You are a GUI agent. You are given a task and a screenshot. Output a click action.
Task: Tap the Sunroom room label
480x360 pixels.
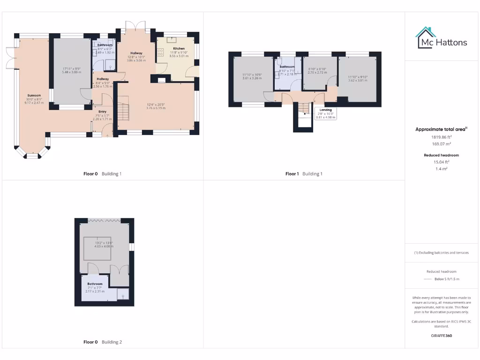[x=34, y=95]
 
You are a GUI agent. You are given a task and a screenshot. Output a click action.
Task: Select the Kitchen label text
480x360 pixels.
[x=179, y=49]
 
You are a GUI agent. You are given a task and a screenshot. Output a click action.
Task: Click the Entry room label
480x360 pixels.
[x=102, y=112]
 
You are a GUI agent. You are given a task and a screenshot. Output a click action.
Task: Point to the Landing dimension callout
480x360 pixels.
[x=325, y=113]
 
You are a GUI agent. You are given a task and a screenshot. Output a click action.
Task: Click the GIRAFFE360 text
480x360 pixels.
[x=442, y=336]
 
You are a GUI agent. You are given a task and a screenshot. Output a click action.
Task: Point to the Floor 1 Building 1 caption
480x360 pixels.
[x=304, y=174]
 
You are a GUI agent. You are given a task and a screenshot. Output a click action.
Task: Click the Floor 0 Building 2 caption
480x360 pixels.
[x=102, y=342]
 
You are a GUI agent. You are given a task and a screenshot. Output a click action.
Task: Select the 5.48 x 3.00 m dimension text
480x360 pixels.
[x=72, y=72]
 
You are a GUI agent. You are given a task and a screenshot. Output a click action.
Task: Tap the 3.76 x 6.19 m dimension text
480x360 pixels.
[x=156, y=108]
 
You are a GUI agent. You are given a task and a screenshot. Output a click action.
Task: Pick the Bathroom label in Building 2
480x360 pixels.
[x=95, y=284]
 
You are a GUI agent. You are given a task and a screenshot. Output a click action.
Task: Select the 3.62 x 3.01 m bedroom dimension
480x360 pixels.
[x=358, y=80]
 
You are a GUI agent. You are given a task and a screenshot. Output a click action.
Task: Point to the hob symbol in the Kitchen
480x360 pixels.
[x=160, y=52]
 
